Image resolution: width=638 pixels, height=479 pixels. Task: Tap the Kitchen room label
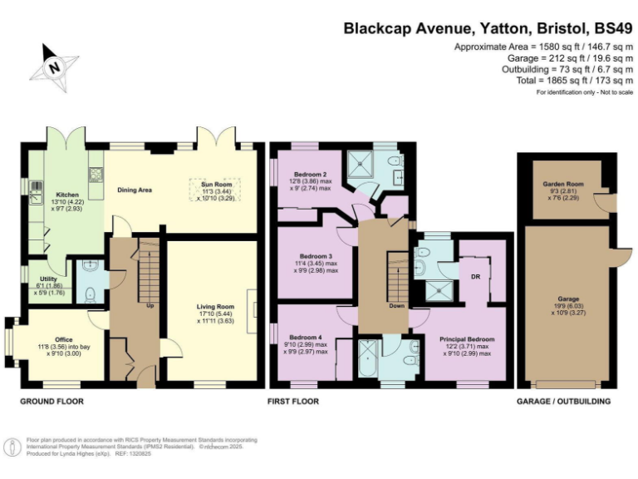pos(68,195)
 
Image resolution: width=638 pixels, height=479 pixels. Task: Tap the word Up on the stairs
pos(150,305)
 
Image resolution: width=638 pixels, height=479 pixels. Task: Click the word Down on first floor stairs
pos(396,305)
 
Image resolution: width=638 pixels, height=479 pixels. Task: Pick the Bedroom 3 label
pos(316,256)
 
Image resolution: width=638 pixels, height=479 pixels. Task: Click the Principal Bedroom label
pos(466,339)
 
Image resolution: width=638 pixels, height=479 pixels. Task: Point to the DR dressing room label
pos(475,277)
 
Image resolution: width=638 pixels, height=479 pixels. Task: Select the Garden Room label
pos(561,184)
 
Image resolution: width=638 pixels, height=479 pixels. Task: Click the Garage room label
pos(568,299)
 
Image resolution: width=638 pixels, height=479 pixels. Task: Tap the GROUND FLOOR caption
pos(52,401)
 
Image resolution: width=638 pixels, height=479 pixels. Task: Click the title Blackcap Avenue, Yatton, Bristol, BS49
pos(483,27)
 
